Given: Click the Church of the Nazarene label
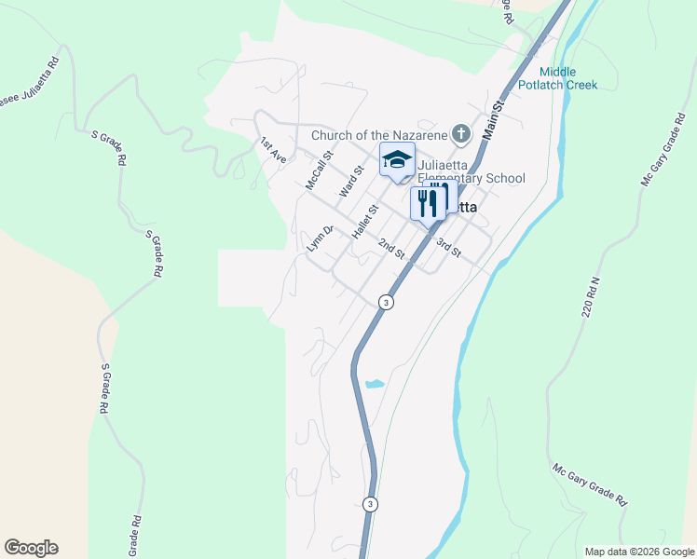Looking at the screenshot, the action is (379, 135).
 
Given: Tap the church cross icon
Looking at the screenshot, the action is (460, 135).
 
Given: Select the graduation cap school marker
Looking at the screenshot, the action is (397, 159).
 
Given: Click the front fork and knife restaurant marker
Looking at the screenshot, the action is (428, 204).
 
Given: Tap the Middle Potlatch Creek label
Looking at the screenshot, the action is (568, 78).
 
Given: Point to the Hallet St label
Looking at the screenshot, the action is (364, 224).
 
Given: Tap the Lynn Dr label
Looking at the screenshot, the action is (320, 239).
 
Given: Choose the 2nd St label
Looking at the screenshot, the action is (391, 249).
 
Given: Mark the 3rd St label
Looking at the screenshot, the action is (448, 247).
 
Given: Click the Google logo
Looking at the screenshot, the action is (31, 548).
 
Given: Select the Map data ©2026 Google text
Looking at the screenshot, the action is (639, 552).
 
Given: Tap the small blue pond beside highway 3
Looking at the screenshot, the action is (375, 384).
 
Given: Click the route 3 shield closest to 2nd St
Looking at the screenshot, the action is (385, 302).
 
